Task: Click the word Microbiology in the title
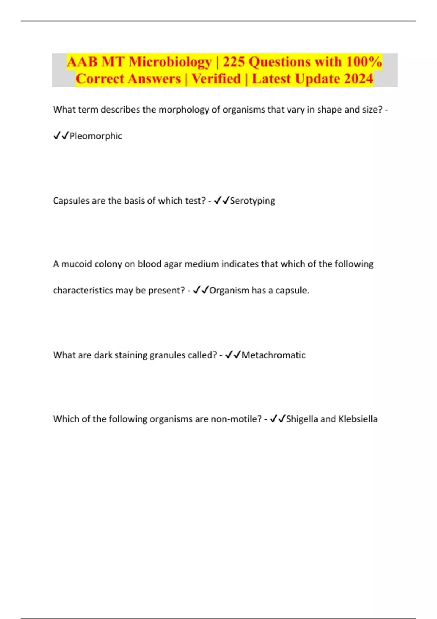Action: [x=170, y=62]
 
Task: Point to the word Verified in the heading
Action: [x=216, y=79]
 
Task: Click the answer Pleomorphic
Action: [x=96, y=136]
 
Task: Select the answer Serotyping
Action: [x=252, y=201]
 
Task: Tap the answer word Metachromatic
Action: [x=273, y=355]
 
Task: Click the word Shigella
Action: [x=302, y=419]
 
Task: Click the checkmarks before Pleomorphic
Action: [x=61, y=136]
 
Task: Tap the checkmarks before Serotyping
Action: [x=221, y=201]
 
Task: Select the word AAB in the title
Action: [x=82, y=62]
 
